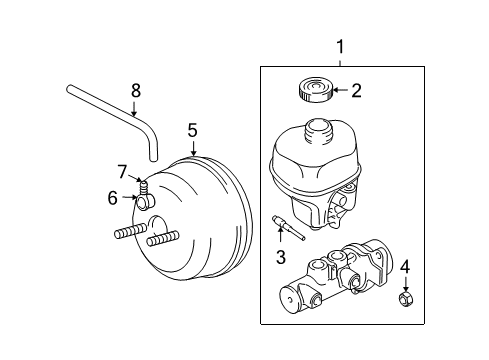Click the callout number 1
(340, 46)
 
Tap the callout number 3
(280, 257)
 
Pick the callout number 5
(192, 129)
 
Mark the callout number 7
(122, 171)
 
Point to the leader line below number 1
(340, 60)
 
